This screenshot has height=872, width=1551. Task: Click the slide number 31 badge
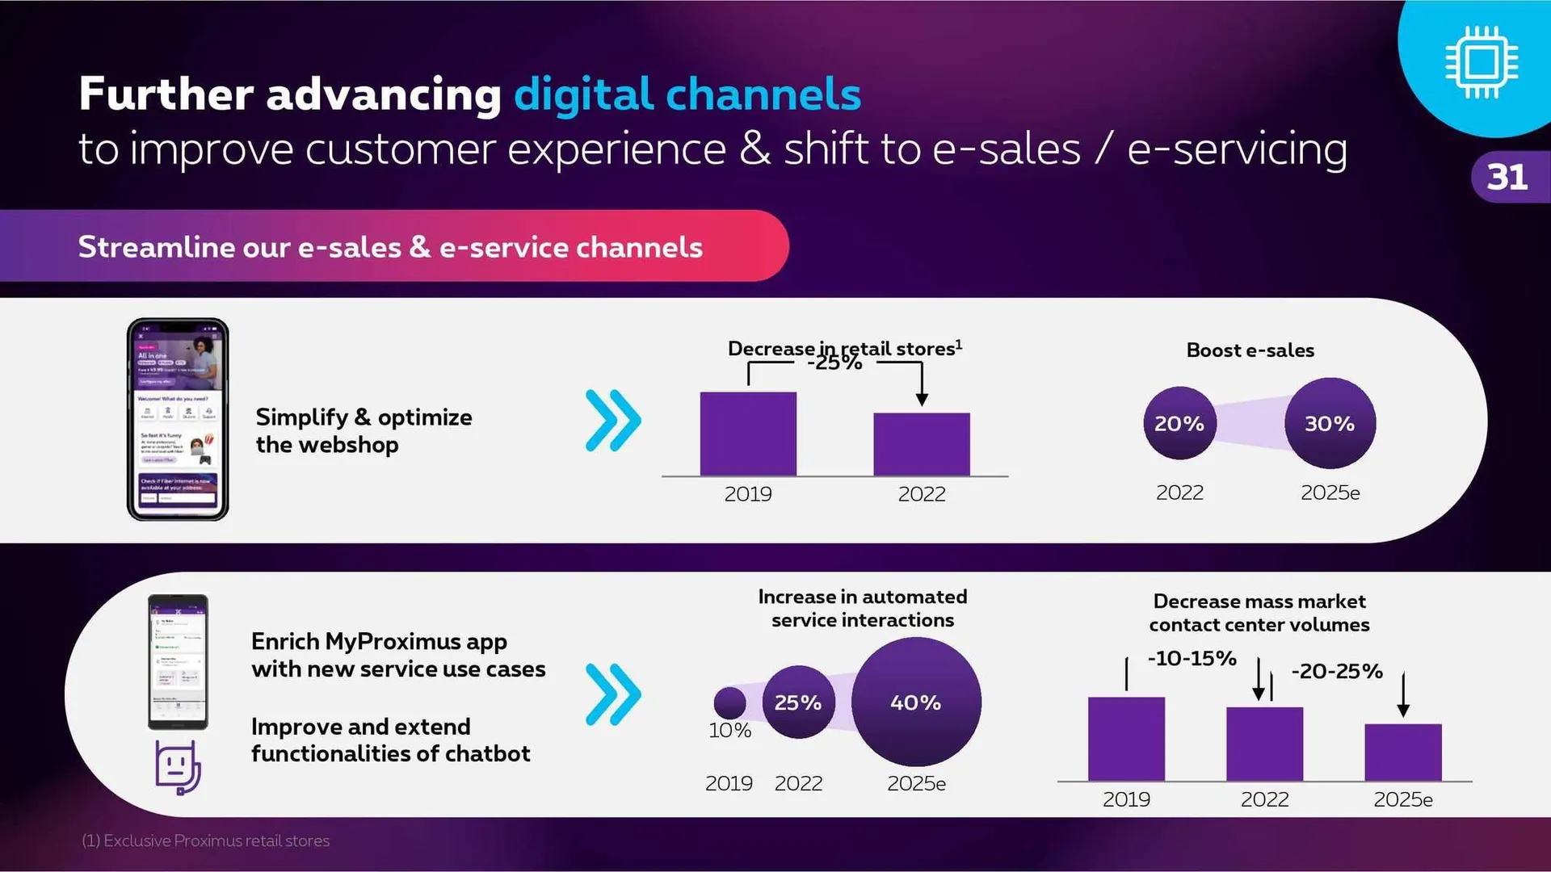tap(1507, 177)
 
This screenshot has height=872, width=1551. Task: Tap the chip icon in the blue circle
tap(1482, 62)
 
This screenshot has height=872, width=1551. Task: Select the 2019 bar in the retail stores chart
tap(748, 434)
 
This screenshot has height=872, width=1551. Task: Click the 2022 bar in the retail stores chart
tap(922, 444)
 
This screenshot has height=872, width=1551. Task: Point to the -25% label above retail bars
tap(835, 363)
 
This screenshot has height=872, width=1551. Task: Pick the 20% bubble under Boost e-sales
tap(1179, 423)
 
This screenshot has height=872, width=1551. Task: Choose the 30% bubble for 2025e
tap(1330, 423)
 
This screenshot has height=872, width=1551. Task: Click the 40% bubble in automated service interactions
tap(916, 702)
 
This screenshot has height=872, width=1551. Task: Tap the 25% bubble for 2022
tap(798, 702)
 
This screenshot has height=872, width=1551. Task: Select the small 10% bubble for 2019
tap(729, 702)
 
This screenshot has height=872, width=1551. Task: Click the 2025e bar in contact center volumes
tap(1403, 752)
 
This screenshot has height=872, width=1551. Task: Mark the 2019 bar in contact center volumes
tap(1126, 739)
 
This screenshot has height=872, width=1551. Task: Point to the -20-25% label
tap(1337, 671)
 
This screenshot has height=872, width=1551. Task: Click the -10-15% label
tap(1192, 658)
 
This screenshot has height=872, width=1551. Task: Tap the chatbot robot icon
tap(178, 767)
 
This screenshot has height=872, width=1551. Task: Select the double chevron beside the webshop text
tap(613, 420)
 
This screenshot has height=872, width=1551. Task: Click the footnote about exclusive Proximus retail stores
tap(206, 841)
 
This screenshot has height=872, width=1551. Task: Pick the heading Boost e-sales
tap(1250, 350)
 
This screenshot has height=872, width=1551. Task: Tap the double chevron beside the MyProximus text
tap(613, 694)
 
